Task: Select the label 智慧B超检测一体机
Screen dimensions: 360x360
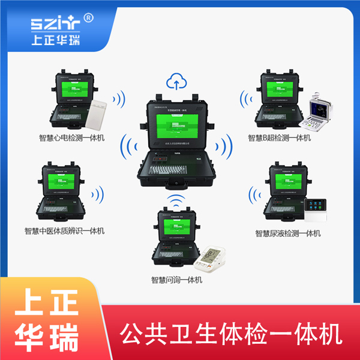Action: pos(280,138)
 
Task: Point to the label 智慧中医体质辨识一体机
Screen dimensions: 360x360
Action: pos(65,230)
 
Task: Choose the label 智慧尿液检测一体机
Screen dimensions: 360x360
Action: pos(288,233)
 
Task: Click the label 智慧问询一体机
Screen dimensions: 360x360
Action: pos(176,280)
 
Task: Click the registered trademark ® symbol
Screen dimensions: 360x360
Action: pos(89,18)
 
